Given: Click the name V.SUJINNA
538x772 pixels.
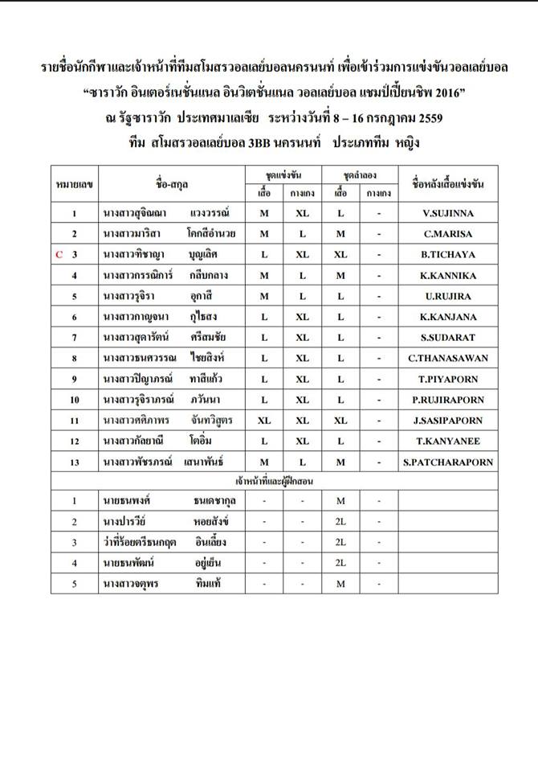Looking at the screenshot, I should click(448, 213).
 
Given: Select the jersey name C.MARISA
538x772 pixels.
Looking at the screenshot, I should click(448, 234).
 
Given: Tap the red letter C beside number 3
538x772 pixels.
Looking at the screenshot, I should click(59, 254).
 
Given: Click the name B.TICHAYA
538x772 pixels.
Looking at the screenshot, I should click(448, 254).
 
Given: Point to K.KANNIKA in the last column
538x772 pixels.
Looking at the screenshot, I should click(448, 275).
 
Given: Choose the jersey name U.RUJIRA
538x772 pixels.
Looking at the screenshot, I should click(448, 296).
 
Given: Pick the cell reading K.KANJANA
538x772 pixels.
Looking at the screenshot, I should click(448, 317).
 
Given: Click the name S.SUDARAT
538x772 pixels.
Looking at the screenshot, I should click(448, 337).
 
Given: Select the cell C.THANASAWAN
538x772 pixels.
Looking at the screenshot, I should click(448, 358).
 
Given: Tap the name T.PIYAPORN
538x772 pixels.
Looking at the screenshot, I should click(448, 379).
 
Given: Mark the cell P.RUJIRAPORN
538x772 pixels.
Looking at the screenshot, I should click(448, 400).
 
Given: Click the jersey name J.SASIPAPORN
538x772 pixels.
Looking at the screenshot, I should click(448, 420).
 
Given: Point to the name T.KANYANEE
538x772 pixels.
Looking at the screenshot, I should click(448, 441).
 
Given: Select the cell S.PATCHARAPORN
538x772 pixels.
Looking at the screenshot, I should click(448, 462).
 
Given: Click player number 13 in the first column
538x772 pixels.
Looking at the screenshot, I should click(74, 462).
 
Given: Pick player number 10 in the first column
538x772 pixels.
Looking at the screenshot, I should click(74, 400).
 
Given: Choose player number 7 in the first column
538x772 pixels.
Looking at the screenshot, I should click(74, 337).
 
